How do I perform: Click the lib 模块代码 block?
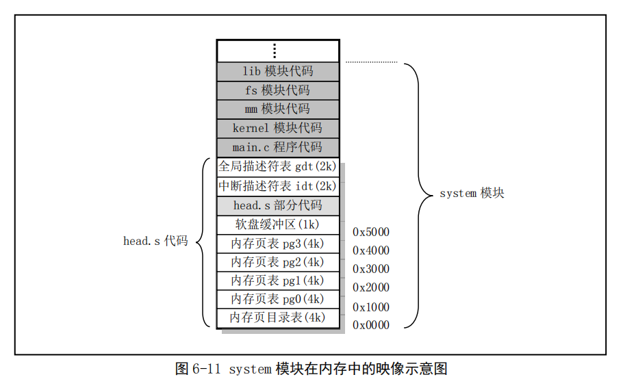278,71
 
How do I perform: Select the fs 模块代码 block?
278,90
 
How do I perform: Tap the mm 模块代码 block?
278,109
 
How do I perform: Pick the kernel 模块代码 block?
278,128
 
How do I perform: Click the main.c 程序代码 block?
278,147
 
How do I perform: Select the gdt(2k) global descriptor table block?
278,167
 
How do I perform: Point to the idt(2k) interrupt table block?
278,186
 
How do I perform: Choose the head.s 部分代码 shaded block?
278,206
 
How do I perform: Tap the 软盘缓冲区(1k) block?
278,225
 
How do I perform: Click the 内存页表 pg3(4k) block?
278,244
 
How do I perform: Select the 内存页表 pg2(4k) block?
278,262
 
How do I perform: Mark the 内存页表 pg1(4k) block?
278,281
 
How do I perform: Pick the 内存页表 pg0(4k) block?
278,299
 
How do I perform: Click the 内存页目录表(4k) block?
278,318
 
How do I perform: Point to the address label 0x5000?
371,232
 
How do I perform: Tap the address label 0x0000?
371,325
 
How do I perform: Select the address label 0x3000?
371,269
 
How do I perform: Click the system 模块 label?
472,194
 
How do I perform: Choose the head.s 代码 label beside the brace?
155,241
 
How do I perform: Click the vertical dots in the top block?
275,51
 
